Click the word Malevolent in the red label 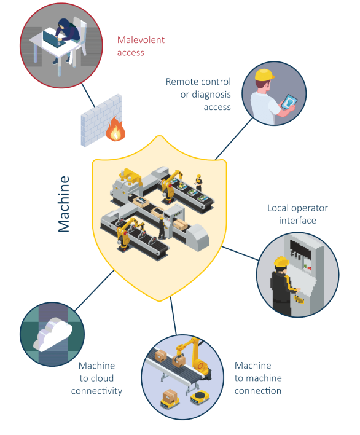point(141,40)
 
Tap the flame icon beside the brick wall point(115,129)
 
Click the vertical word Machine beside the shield point(64,204)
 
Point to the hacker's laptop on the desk point(53,39)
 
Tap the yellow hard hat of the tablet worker point(264,75)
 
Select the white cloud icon point(53,334)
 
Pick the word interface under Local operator point(297,221)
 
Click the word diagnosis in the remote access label point(211,95)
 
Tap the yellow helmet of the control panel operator point(281,262)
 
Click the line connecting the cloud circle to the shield point(94,291)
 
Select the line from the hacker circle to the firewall point(88,95)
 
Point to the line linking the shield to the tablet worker point(234,138)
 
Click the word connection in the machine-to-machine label point(258,391)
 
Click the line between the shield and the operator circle point(240,253)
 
